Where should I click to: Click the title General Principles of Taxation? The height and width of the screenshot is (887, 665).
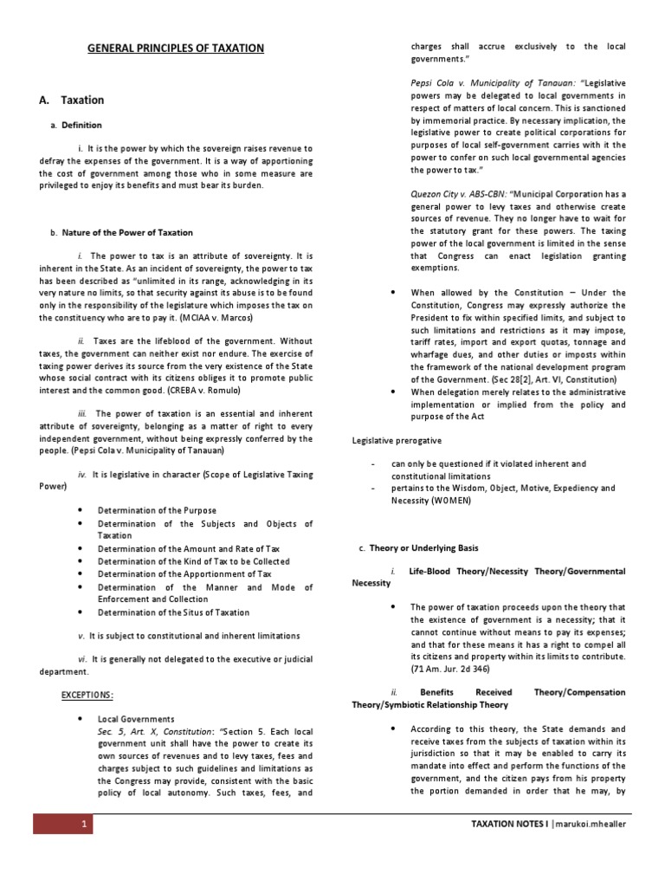tap(176, 49)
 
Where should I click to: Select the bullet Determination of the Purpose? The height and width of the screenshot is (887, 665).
tap(157, 511)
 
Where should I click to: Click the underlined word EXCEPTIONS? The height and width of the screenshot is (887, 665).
tap(87, 695)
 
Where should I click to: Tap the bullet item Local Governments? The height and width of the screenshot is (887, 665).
tap(136, 719)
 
